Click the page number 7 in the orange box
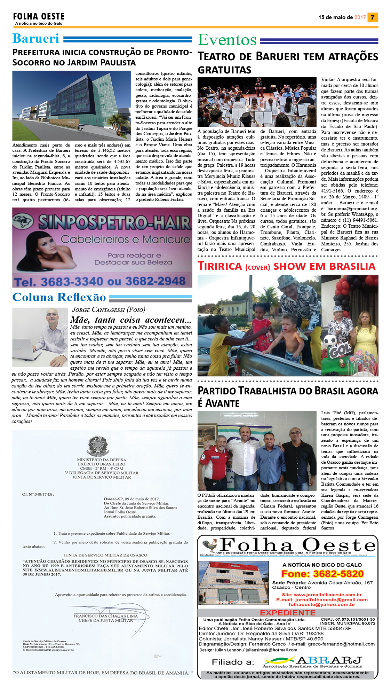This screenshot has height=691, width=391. pos(373,17)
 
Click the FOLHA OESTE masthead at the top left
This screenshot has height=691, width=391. pos(39,16)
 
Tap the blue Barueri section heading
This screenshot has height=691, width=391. pos(36,39)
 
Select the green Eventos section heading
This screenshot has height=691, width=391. pos(227,40)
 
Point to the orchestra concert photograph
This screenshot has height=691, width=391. pos(257,102)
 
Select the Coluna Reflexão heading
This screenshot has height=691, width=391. pos(59,297)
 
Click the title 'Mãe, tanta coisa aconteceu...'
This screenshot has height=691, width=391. pos(131,320)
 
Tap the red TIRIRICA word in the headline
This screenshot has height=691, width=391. pos(220,266)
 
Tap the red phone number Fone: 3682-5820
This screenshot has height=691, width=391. pos(322,574)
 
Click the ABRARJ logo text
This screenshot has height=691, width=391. pos(329,661)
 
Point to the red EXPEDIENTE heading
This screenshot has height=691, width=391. pos(287,613)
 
